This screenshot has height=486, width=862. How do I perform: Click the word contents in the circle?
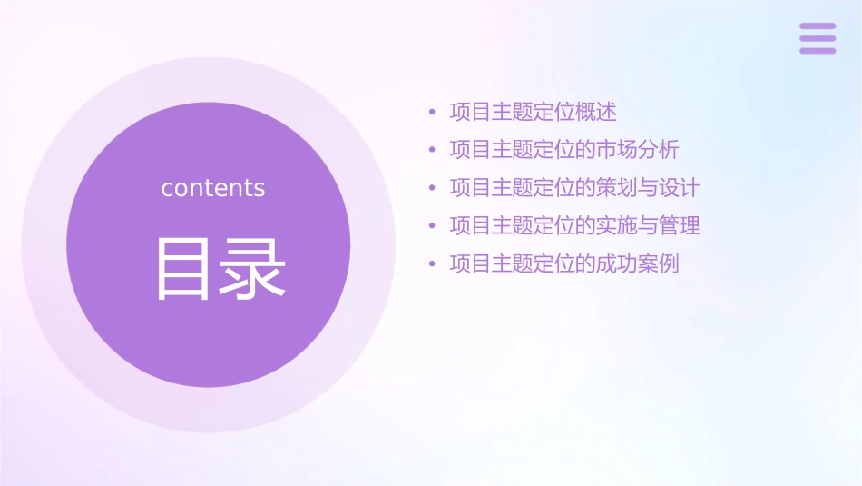213,188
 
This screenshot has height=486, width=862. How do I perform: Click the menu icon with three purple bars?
818,38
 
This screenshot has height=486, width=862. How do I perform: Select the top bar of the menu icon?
818,26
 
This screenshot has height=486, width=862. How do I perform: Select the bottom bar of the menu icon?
818,50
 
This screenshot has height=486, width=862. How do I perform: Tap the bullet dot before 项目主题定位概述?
433,113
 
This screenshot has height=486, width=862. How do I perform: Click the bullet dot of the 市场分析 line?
433,151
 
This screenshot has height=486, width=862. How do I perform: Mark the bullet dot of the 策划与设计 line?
433,189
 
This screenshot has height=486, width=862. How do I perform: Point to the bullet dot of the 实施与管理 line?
433,226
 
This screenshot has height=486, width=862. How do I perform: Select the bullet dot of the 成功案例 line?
433,265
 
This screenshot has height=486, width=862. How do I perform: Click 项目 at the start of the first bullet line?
470,112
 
